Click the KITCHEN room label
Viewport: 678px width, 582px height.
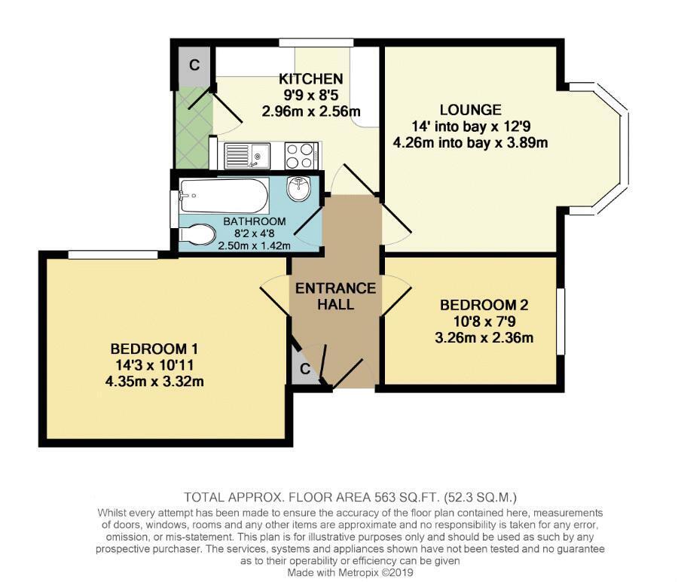tap(311, 79)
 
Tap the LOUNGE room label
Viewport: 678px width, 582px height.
tap(471, 110)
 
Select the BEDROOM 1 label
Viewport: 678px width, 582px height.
tap(154, 349)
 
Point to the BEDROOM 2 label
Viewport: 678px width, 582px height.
tap(484, 305)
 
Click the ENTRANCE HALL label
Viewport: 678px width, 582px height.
tap(335, 296)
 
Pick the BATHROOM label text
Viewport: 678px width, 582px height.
tap(255, 221)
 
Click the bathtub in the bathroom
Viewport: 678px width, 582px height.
tap(224, 196)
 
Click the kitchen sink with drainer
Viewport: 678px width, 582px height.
tap(246, 156)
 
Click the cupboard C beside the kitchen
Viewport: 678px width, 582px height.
tap(194, 65)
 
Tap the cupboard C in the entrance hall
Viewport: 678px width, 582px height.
tap(305, 369)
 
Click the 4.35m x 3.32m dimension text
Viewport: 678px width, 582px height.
tap(154, 382)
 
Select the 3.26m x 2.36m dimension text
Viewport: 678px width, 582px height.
tap(484, 338)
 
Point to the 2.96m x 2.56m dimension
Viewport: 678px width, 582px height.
tap(311, 112)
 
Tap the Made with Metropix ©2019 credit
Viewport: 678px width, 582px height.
tap(350, 573)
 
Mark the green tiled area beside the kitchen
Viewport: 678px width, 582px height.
tap(194, 127)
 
